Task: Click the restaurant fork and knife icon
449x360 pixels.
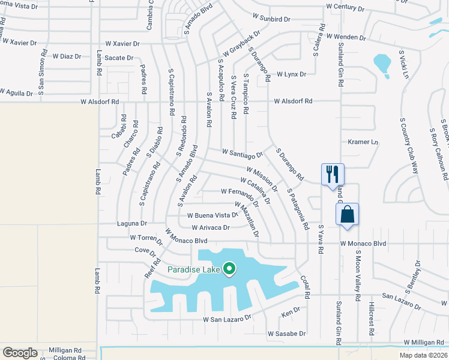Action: point(333,175)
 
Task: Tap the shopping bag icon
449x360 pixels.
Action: point(348,214)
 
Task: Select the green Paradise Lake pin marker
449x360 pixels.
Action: point(229,269)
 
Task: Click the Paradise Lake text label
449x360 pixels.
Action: point(194,269)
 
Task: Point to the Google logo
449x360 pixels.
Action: point(20,353)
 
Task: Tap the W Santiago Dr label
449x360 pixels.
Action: point(243,154)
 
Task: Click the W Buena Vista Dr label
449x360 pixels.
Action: point(212,215)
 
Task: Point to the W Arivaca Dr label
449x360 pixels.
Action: point(210,228)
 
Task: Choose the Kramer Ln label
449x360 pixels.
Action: point(363,142)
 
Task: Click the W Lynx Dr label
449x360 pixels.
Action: point(291,75)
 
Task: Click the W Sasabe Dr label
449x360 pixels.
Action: point(286,334)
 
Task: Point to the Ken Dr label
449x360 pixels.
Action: point(291,313)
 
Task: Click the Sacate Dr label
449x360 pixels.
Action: point(118,58)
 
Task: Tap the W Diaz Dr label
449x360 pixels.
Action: point(66,56)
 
